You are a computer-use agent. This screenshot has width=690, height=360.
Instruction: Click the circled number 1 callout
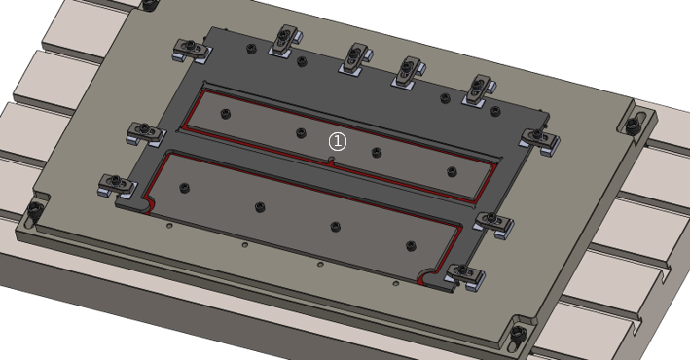pyautogui.click(x=338, y=141)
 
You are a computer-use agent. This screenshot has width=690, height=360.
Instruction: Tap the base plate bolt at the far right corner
pyautogui.click(x=632, y=126)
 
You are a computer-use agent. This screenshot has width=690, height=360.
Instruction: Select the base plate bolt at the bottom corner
pyautogui.click(x=520, y=333)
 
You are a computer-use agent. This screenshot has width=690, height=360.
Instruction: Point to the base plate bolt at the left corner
pyautogui.click(x=34, y=208)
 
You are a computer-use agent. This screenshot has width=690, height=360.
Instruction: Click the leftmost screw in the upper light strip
pyautogui.click(x=226, y=114)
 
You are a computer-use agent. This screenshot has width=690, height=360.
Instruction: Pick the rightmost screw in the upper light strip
pyautogui.click(x=452, y=171)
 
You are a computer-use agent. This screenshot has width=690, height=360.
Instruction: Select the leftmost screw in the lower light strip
pyautogui.click(x=185, y=188)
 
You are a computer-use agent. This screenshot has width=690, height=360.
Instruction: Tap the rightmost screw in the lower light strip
pyautogui.click(x=411, y=246)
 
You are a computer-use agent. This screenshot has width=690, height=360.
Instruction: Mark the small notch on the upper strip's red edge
pyautogui.click(x=332, y=162)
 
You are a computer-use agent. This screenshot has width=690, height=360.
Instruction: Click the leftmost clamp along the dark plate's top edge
pyautogui.click(x=191, y=50)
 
